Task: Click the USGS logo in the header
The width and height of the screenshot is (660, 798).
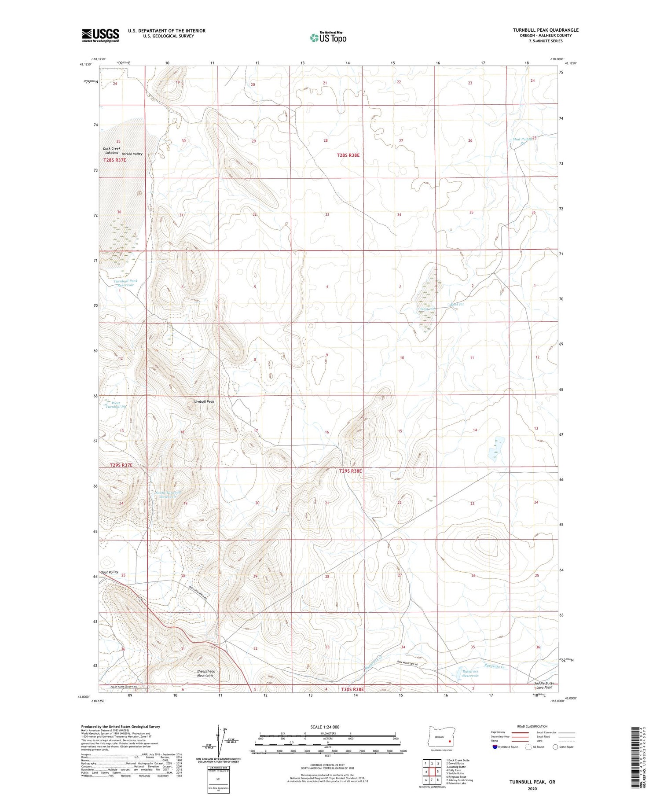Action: tap(100, 35)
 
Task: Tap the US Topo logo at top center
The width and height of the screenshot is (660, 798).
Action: tap(328, 37)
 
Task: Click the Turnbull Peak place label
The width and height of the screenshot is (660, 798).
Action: tap(203, 401)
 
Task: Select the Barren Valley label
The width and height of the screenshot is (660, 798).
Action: tap(132, 154)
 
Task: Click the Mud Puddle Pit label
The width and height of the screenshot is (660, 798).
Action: tap(523, 141)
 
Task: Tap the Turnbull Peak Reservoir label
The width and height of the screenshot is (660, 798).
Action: tap(125, 283)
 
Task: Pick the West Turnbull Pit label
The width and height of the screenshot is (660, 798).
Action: tap(116, 405)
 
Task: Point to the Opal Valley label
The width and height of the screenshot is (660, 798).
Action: tap(109, 572)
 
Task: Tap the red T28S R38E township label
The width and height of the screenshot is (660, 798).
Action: tap(351, 155)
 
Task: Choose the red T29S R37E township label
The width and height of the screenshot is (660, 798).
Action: tap(121, 465)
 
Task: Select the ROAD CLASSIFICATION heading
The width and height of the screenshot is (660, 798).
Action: tap(532, 726)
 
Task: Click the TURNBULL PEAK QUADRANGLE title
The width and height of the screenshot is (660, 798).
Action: tap(545, 30)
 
